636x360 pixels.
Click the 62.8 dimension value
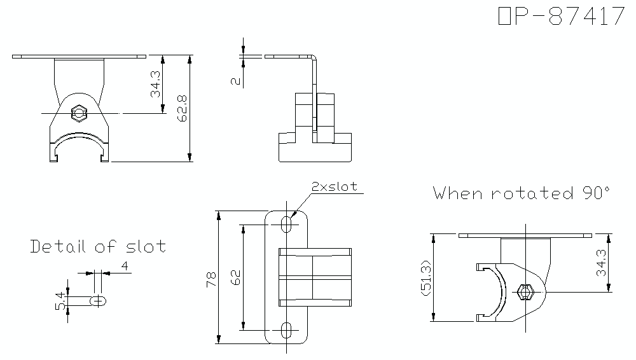pos(183,108)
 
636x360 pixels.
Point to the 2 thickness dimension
pos(235,81)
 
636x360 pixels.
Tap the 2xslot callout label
pos(334,186)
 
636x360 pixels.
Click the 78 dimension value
pos(211,278)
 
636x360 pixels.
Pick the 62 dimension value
pos(235,277)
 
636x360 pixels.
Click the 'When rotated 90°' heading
pos(522,193)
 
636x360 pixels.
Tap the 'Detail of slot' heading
pos(99,246)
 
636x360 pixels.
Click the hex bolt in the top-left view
pos(79,113)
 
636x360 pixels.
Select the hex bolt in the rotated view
pos(526,292)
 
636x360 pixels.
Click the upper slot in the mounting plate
pos(287,223)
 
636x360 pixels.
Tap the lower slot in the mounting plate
pos(287,330)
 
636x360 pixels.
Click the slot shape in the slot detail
pos(98,301)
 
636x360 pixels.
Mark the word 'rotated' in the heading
pos(530,193)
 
